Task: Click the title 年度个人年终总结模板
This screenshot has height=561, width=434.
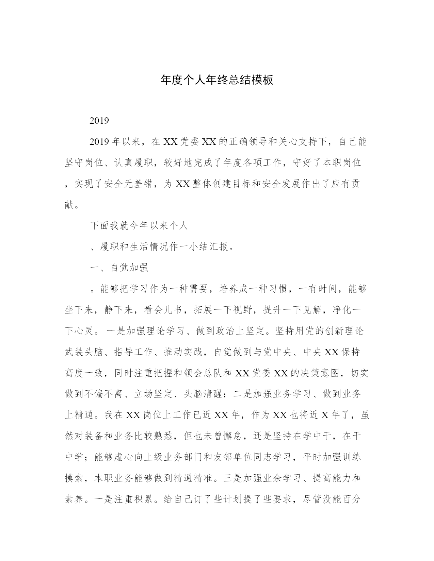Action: coord(217,80)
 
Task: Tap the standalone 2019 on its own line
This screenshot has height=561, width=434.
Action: coord(99,121)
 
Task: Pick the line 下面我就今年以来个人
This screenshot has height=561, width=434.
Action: coord(139,226)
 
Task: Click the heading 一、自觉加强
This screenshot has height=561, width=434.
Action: coord(119,268)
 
